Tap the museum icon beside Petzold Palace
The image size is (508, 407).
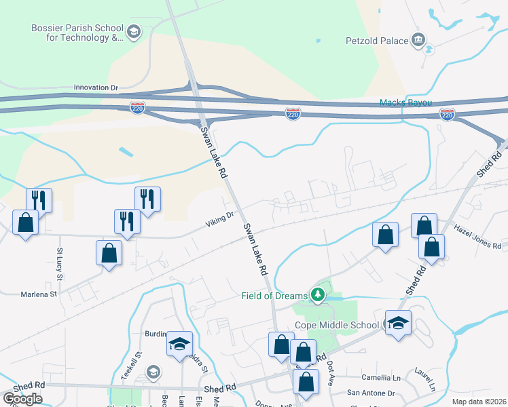coord(418,39)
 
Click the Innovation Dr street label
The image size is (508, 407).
coord(96,88)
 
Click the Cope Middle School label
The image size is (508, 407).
coord(337,325)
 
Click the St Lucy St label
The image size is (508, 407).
coord(60,264)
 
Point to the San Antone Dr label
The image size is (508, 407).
coord(371,393)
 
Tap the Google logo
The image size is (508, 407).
coord(22,399)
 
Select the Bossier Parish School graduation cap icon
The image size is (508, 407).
coord(134,32)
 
